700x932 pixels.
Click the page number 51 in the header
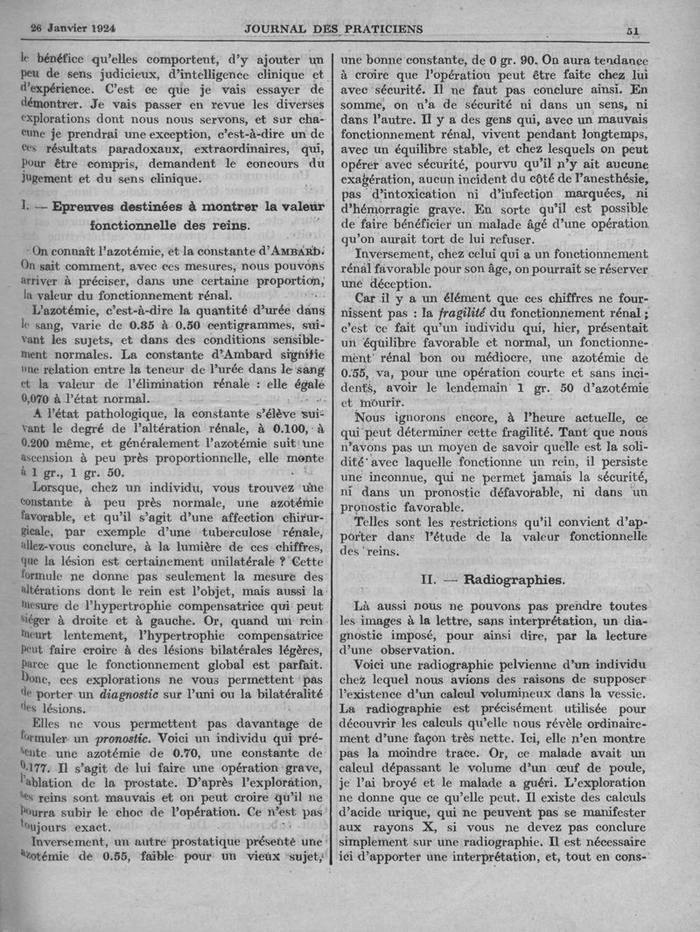click(x=633, y=30)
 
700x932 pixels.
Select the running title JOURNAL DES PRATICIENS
click(x=332, y=28)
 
